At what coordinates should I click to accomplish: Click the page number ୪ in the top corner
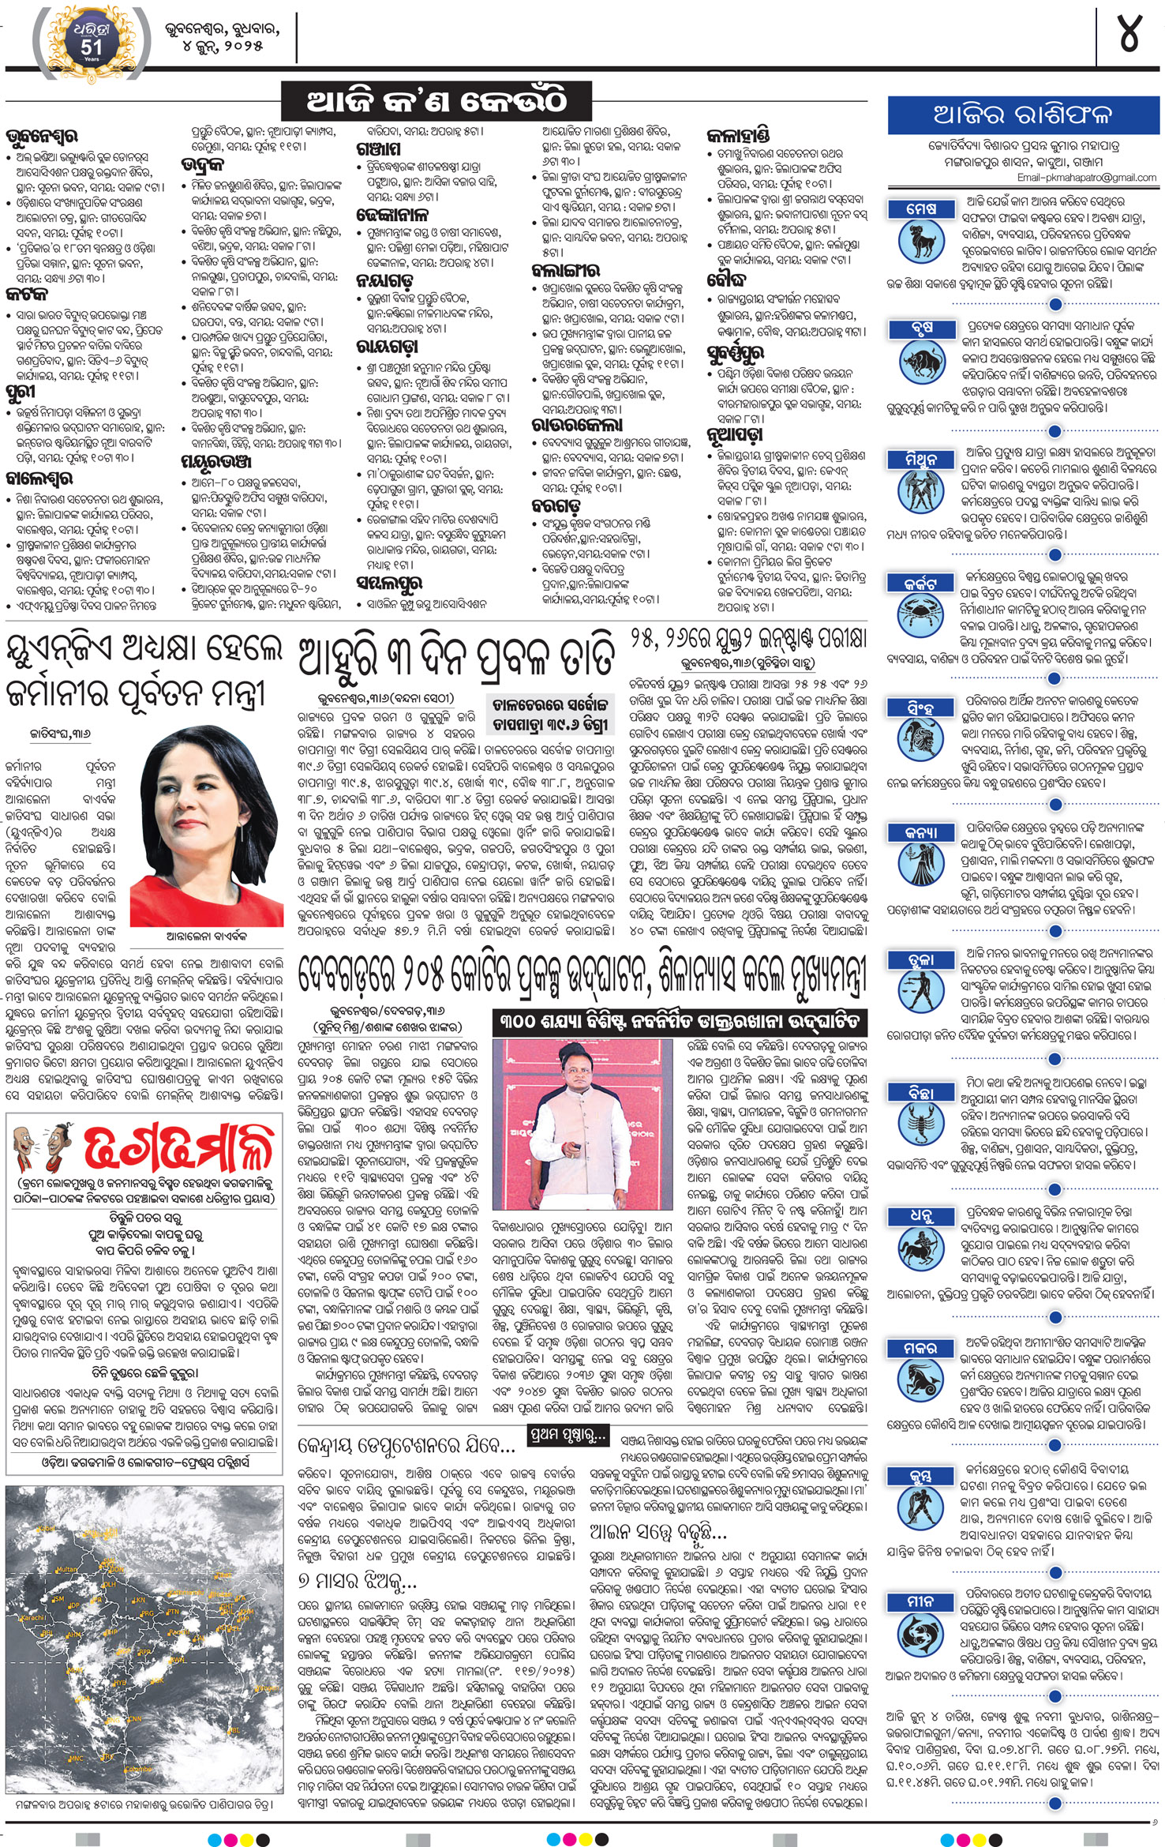[1130, 36]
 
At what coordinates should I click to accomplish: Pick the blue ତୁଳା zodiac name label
[921, 959]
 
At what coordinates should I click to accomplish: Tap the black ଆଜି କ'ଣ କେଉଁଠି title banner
[436, 102]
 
